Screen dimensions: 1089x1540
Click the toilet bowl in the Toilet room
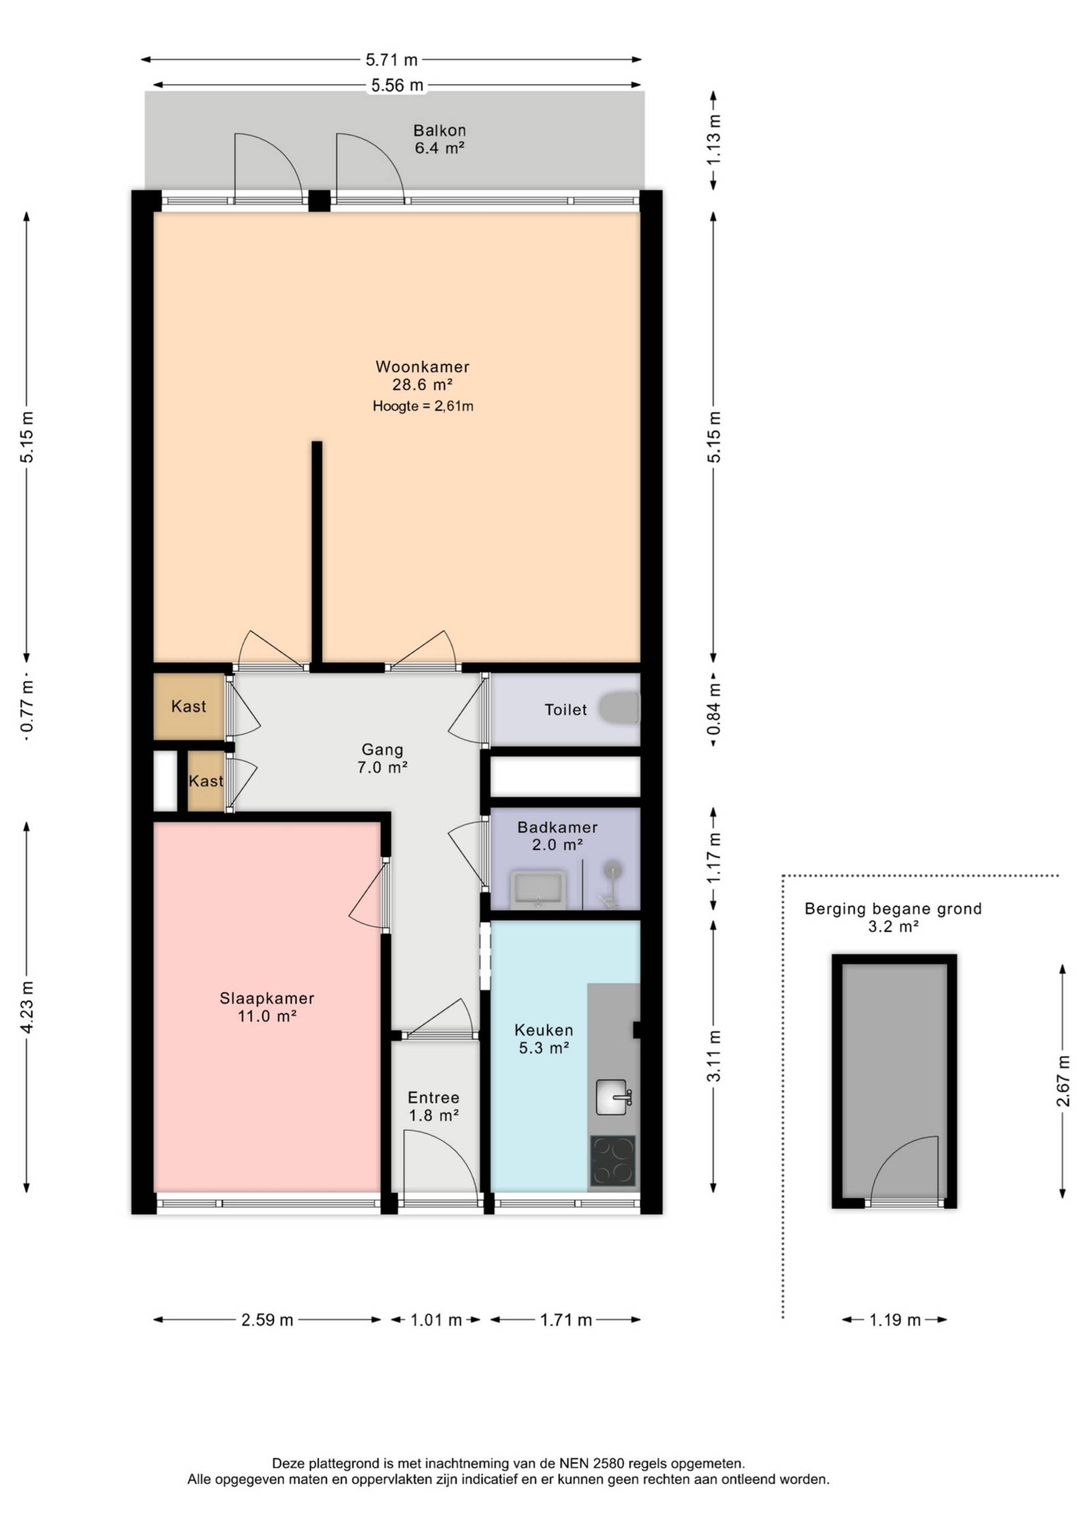click(618, 708)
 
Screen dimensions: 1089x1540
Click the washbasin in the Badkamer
click(538, 889)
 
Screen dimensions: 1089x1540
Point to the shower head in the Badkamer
click(611, 870)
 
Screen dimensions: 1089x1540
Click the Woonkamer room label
click(423, 367)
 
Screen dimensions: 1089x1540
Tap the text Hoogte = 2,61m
click(423, 406)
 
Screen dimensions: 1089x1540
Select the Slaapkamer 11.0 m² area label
click(267, 1007)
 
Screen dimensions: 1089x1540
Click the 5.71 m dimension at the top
click(391, 60)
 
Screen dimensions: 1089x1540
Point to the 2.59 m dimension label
click(268, 1320)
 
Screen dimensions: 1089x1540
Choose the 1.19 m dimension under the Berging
click(894, 1320)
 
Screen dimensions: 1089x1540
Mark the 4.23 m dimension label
click(27, 1007)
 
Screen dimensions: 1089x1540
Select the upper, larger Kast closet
click(188, 706)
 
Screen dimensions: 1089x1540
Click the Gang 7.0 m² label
click(382, 758)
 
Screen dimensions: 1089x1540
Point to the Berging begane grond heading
click(893, 909)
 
